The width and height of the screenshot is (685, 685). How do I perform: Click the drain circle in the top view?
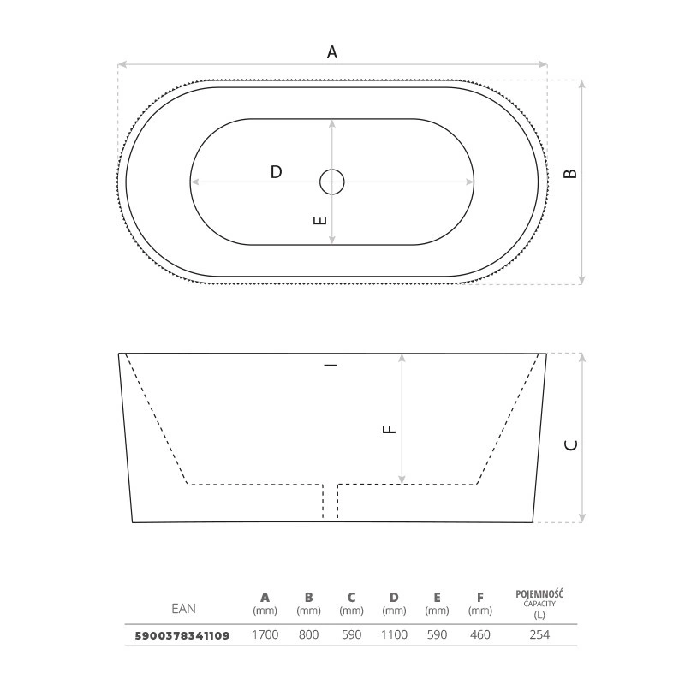pos(332,170)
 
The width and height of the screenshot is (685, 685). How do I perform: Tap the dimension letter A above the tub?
pos(332,52)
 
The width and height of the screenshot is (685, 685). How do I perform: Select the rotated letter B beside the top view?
pos(570,174)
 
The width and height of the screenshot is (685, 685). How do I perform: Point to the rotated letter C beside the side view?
pos(571,445)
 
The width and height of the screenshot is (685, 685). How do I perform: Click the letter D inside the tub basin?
pos(276,172)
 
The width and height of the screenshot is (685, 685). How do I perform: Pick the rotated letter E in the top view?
pos(320,221)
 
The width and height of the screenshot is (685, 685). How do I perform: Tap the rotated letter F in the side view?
pos(390,430)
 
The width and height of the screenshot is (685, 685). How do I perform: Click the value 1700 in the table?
pos(265,634)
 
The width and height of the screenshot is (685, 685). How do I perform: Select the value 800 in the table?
pos(308,634)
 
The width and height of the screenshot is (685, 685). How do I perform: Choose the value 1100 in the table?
pos(394,634)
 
